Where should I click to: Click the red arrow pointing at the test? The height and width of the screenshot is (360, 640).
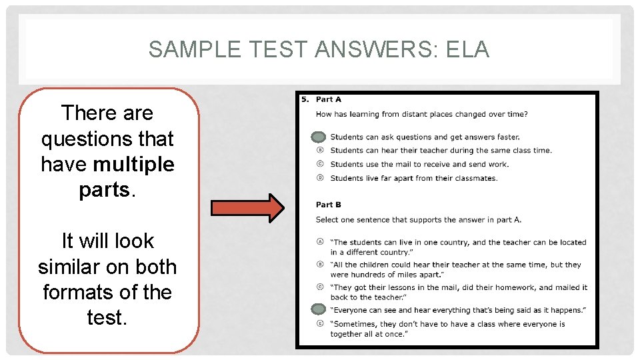pyautogui.click(x=247, y=207)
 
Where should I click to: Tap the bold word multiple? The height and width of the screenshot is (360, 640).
pyautogui.click(x=134, y=164)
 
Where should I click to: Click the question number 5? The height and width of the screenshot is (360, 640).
pyautogui.click(x=305, y=99)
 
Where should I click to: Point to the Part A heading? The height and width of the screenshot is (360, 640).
pyautogui.click(x=329, y=99)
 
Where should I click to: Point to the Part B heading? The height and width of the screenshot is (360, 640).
pyautogui.click(x=329, y=205)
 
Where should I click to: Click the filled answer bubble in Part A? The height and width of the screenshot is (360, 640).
pyautogui.click(x=319, y=137)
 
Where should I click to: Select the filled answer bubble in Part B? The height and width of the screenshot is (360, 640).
pyautogui.click(x=319, y=309)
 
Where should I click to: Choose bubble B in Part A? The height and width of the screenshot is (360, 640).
pyautogui.click(x=320, y=151)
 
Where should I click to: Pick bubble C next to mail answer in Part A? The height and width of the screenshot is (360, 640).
pyautogui.click(x=320, y=164)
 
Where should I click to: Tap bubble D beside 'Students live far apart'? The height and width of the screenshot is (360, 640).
pyautogui.click(x=320, y=178)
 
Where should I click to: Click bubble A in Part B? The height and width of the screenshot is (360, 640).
pyautogui.click(x=320, y=242)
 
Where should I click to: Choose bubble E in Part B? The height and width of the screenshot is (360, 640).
pyautogui.click(x=320, y=324)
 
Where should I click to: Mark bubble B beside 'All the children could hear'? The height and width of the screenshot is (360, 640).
pyautogui.click(x=320, y=265)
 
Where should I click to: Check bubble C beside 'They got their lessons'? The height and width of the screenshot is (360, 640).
pyautogui.click(x=320, y=287)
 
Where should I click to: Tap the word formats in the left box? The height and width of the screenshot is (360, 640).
pyautogui.click(x=75, y=293)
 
